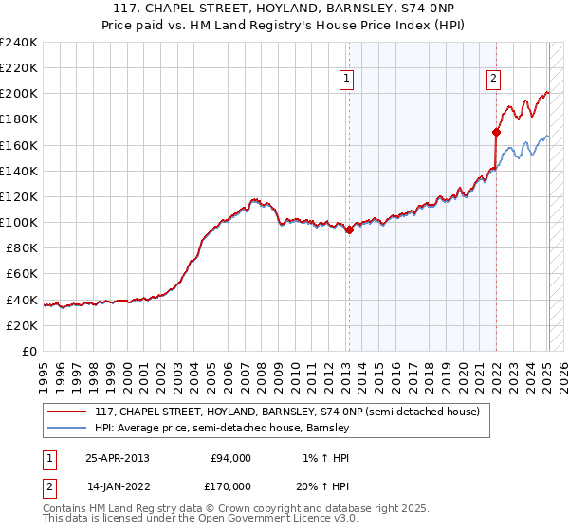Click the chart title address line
pos(284,9)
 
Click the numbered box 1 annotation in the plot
pos(347,80)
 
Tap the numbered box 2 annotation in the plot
pos(494,80)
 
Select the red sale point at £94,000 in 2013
pos(349,229)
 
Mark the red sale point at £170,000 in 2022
pos(496,132)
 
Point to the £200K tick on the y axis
pos(19,94)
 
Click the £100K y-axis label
pos(19,222)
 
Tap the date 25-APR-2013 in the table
pos(117,458)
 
